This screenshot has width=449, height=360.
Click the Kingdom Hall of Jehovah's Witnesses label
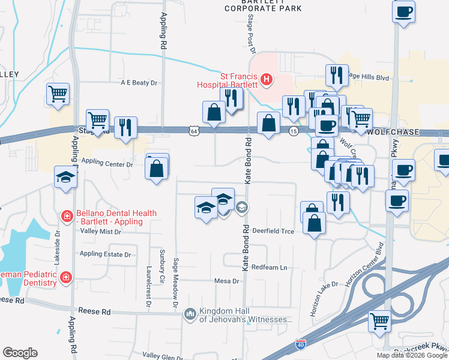246,315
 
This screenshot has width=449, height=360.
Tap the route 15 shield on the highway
294,130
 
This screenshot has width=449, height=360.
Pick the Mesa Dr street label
227,281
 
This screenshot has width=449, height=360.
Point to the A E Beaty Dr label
138,83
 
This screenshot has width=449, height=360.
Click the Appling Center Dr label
107,163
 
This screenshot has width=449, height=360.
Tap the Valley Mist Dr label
101,231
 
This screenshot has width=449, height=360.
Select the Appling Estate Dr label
105,254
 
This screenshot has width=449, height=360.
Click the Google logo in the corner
20,353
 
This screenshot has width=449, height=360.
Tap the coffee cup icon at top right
403,11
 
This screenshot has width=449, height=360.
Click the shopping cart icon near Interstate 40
379,320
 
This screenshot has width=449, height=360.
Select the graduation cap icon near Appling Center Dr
65,176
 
